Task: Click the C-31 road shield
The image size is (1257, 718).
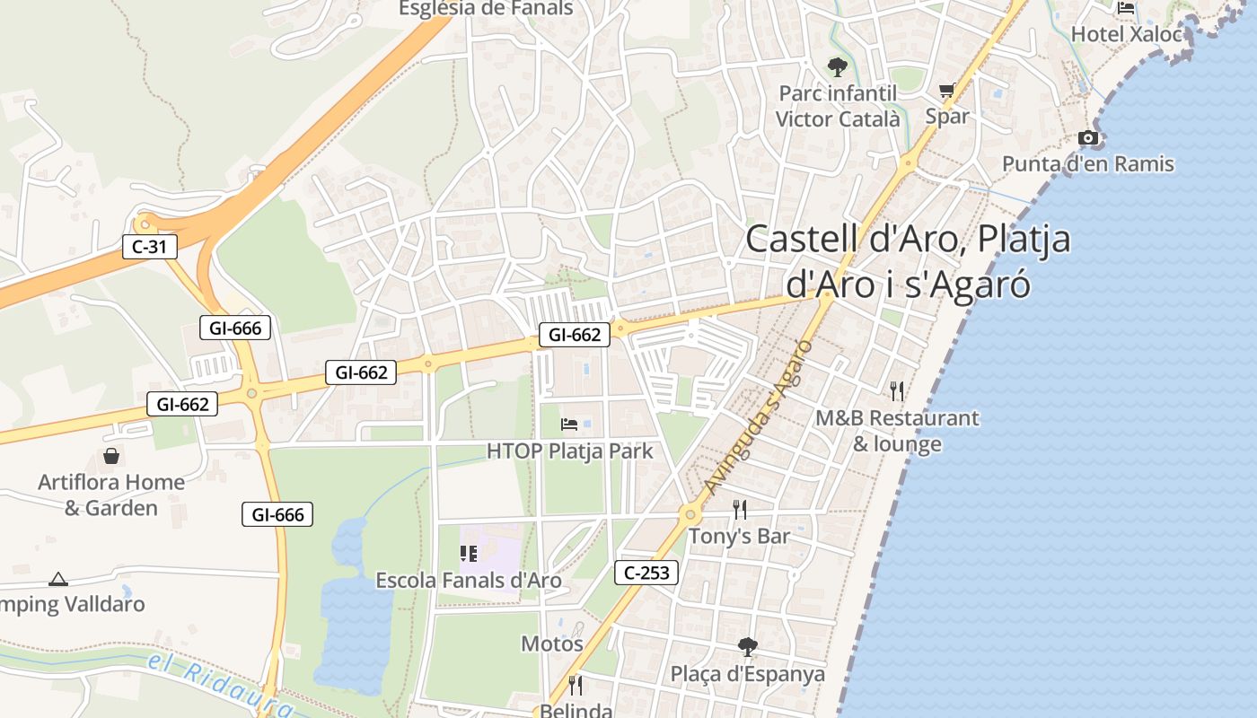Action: [x=150, y=247]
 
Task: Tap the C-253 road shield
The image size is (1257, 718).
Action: [x=646, y=573]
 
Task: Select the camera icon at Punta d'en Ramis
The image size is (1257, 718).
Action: [x=1088, y=137]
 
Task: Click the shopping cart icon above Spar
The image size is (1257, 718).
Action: [x=946, y=91]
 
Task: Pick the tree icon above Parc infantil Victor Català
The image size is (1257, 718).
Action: [x=837, y=66]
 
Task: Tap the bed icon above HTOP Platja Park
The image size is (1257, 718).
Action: [x=569, y=424]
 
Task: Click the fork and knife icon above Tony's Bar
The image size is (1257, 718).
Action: [x=740, y=510]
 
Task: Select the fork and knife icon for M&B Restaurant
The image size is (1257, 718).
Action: [x=896, y=390]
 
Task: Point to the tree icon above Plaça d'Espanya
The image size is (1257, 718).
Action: [x=747, y=646]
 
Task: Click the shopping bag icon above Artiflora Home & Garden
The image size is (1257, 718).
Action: [x=111, y=456]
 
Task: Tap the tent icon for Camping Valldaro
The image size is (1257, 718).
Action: [x=58, y=579]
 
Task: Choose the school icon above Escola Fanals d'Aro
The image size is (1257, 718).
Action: [x=468, y=554]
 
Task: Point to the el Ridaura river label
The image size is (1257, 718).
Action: [x=220, y=682]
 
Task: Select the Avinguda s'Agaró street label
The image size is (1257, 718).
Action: [x=759, y=417]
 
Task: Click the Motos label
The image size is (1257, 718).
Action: [x=552, y=644]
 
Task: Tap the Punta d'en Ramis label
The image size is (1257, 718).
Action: [x=1087, y=163]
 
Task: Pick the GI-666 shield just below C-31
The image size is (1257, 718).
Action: [x=235, y=328]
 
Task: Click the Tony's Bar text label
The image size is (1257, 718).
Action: [x=739, y=537]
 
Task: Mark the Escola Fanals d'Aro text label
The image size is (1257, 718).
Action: [x=468, y=581]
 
